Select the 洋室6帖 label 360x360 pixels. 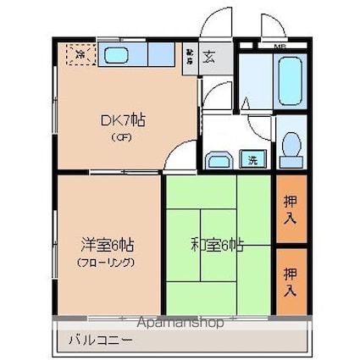click(x=108, y=245)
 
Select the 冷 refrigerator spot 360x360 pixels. click(x=78, y=54)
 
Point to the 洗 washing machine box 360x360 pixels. click(x=252, y=158)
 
